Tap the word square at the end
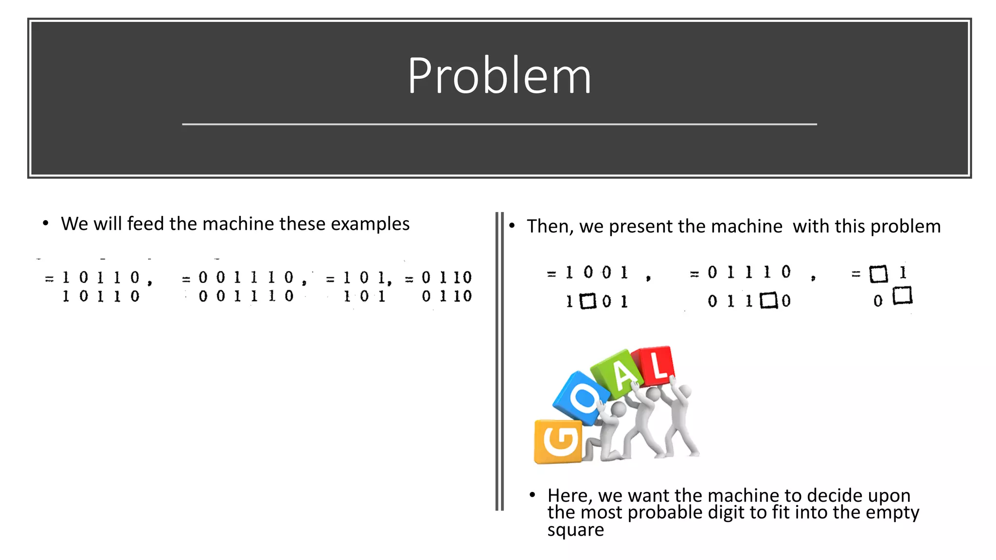click(575, 530)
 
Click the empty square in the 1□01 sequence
click(588, 301)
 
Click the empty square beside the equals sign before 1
click(878, 274)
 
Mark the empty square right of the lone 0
click(903, 296)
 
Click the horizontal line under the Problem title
click(499, 124)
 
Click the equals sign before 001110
click(186, 280)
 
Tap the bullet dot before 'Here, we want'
click(533, 495)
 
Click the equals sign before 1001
click(551, 274)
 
